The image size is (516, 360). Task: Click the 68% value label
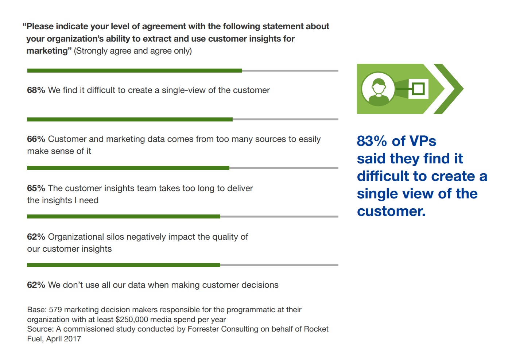(36, 90)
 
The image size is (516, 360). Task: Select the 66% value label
(36, 139)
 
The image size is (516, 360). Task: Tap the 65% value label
(36, 188)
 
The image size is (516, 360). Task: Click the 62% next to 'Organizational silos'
(36, 237)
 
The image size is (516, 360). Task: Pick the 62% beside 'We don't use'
(36, 285)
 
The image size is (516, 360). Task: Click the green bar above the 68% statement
(135, 70)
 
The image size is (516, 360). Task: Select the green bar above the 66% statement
(130, 119)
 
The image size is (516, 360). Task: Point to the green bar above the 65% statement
(128, 168)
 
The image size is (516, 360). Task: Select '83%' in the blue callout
(372, 141)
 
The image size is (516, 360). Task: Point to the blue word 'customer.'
(391, 211)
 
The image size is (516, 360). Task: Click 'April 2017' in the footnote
(63, 339)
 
